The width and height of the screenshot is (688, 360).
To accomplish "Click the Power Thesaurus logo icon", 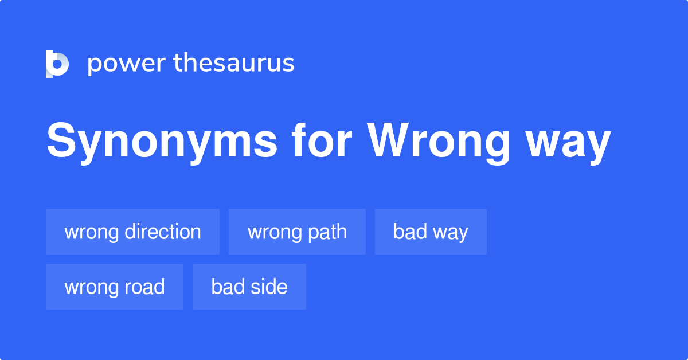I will coord(57,64).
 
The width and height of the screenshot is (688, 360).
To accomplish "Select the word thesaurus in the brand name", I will coord(234,64).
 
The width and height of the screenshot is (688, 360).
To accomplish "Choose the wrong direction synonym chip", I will coord(132,232).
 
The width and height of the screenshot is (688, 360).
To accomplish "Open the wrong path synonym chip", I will coord(297,232).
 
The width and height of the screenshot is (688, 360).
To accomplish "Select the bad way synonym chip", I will coord(431,232).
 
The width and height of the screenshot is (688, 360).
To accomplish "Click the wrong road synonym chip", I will coord(115,287).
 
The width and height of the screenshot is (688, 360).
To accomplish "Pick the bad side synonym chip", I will coord(249,287).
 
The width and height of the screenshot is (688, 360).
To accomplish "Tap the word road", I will coord(146,287).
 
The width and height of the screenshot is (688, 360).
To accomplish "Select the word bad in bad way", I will coord(406,232).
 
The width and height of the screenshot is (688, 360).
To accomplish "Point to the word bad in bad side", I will coord(224,287).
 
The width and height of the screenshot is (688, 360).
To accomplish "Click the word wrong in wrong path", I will coord(274,232).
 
